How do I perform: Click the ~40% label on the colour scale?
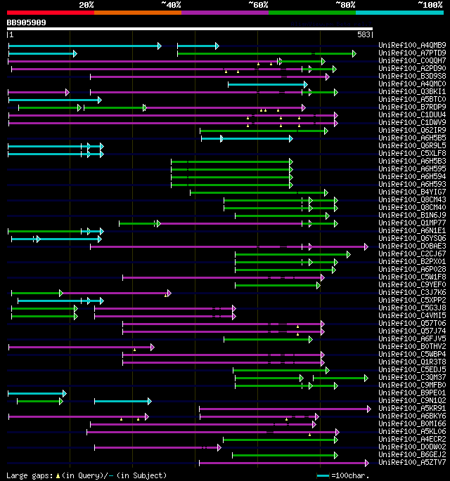[x=171, y=5]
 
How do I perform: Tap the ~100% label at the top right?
[x=430, y=5]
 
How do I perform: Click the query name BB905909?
[x=27, y=22]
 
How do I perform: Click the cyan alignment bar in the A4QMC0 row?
[x=267, y=84]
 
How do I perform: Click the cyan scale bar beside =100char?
[x=323, y=475]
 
